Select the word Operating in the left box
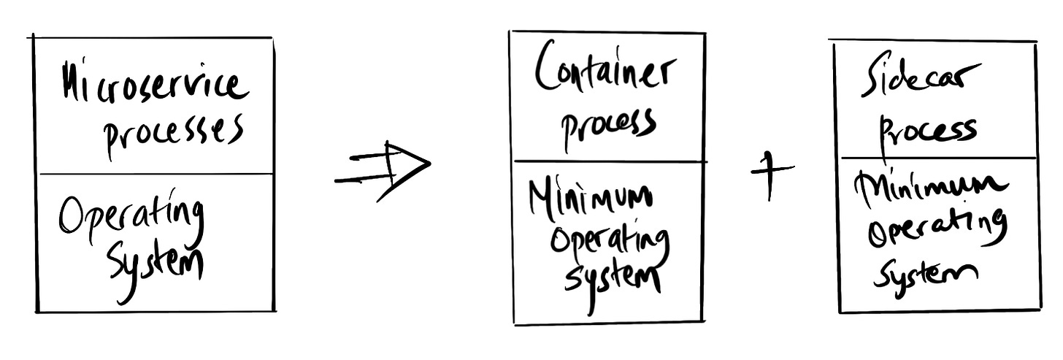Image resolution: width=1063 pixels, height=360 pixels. pyautogui.click(x=131, y=218)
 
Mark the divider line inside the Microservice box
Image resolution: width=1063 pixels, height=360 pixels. pyautogui.click(x=156, y=175)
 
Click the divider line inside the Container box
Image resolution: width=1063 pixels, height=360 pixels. pyautogui.click(x=609, y=161)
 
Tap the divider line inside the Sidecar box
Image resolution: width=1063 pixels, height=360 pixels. pyautogui.click(x=938, y=158)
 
